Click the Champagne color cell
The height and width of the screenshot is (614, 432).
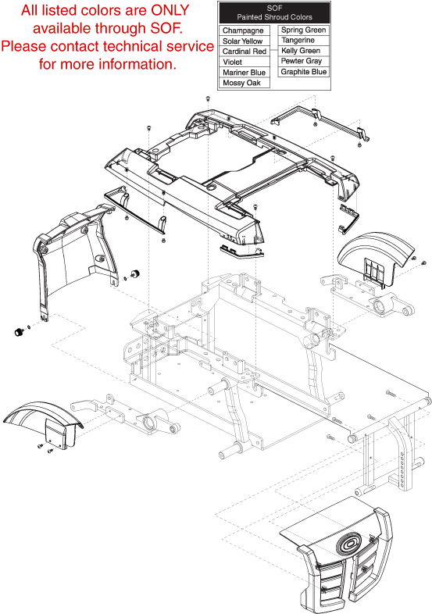tap(245, 30)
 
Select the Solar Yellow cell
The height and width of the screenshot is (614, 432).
tap(245, 41)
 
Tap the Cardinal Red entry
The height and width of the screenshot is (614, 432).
tap(245, 52)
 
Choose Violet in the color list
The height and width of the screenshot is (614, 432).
tap(245, 62)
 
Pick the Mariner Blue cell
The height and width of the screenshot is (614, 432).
tap(245, 73)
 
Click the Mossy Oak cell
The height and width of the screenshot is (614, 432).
tap(245, 83)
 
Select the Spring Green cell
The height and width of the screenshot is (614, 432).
tap(304, 30)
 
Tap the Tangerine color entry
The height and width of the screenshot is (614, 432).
tap(304, 41)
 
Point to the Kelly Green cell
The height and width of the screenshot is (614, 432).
tap(304, 51)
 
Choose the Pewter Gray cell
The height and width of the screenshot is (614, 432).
tap(304, 61)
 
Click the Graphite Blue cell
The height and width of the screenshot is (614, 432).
tap(304, 72)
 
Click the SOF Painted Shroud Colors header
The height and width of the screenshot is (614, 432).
tap(274, 13)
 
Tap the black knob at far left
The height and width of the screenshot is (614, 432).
tap(19, 332)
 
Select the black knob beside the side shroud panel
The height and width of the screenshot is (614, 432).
tap(135, 274)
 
